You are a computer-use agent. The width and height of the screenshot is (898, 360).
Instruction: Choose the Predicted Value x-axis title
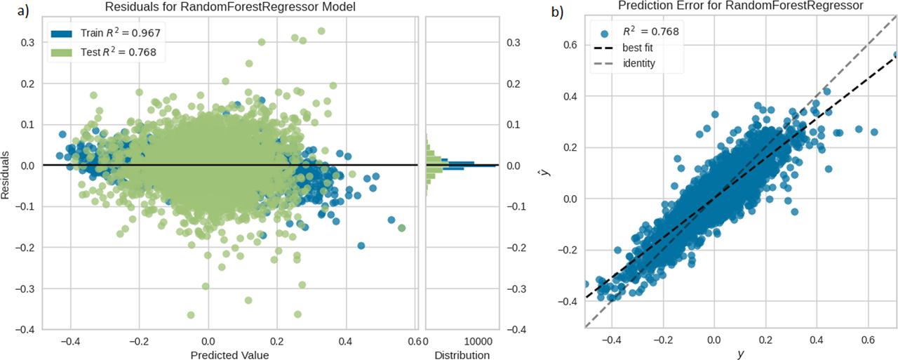230,355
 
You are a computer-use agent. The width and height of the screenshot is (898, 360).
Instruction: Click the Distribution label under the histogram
461,355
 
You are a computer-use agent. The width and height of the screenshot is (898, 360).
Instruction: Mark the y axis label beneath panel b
740,354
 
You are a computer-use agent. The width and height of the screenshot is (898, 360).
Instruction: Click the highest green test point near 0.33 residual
321,31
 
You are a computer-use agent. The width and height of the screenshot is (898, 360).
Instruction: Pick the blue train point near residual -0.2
361,246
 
